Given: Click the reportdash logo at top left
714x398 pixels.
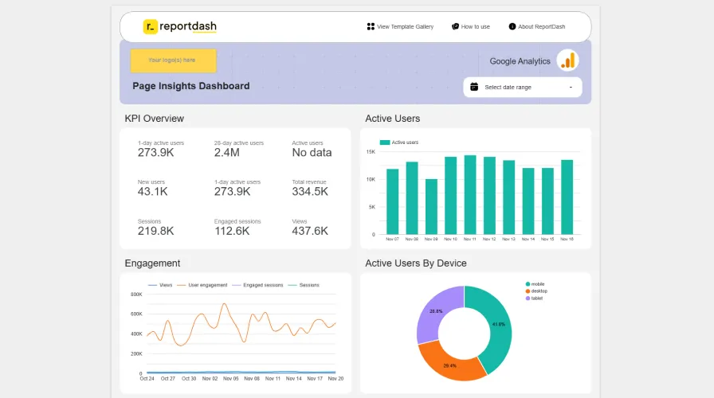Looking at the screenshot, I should point(179,26).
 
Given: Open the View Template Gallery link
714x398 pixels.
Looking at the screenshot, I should point(400,26).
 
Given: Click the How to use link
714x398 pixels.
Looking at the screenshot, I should point(471,26).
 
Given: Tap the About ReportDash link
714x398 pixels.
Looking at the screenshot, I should point(537,26).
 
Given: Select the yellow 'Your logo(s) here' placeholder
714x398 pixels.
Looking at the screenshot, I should point(173,60).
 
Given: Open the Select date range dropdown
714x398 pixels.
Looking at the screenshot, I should point(523,87).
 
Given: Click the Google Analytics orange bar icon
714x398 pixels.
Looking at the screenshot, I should point(567,60).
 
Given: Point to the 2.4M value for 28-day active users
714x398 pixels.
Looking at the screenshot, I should point(227,153).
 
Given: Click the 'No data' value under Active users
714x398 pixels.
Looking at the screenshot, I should point(312,153).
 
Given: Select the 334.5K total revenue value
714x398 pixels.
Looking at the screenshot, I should point(310,192).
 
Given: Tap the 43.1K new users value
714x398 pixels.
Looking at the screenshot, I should point(152,192).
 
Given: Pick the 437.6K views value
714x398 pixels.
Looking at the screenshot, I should point(310,231).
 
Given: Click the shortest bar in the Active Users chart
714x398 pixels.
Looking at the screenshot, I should point(431,207).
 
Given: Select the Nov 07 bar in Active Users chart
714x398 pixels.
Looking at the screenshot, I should point(393,201).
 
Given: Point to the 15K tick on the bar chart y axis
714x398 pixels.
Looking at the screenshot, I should point(371,151).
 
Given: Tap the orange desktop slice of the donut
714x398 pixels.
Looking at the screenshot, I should point(450,358).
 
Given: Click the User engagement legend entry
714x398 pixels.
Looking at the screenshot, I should point(207,284).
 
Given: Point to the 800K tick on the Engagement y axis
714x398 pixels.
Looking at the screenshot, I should point(135,295).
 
